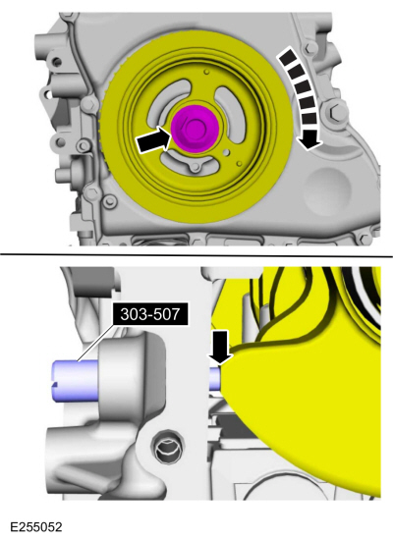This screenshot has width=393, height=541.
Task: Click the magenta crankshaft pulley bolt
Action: click(195, 128)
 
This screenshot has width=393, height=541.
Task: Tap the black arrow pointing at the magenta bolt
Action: click(154, 139)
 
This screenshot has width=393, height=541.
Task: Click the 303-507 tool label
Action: click(150, 313)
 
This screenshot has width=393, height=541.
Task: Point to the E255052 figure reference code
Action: click(36, 527)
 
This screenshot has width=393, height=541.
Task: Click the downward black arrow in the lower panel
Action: click(220, 347)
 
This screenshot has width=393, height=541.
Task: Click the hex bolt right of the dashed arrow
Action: click(334, 111)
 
